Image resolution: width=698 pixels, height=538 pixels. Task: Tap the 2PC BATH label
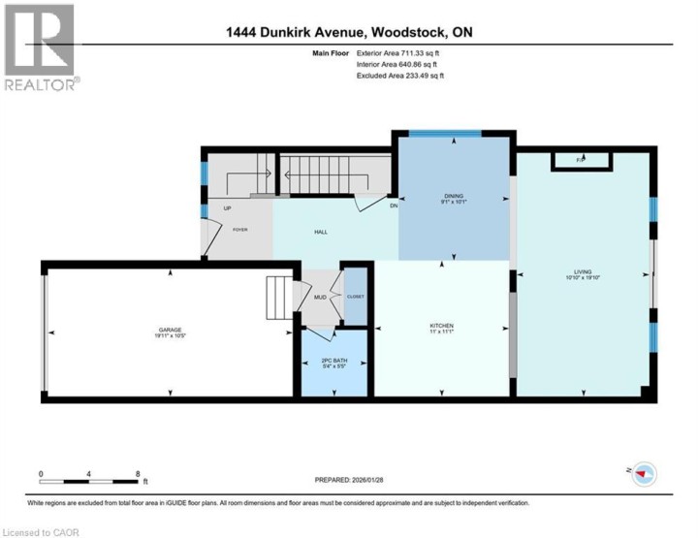[333, 362]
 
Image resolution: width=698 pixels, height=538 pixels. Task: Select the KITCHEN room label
[442, 326]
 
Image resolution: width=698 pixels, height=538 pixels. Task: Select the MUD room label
[320, 297]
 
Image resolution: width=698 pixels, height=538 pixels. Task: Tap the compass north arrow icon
[644, 472]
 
